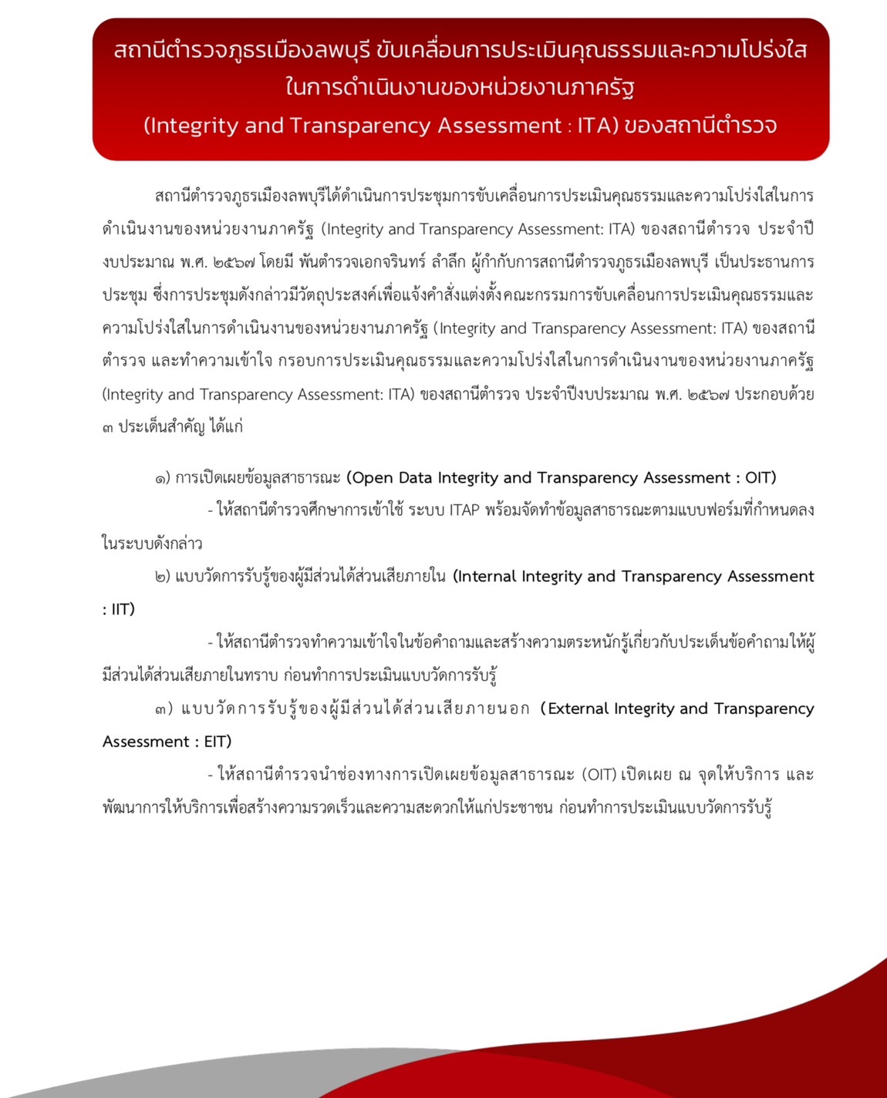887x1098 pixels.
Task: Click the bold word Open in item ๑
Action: (x=371, y=478)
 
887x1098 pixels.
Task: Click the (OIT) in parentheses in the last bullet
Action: (x=599, y=774)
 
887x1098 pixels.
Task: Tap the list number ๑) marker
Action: (x=162, y=478)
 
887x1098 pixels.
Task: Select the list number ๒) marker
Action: (x=162, y=577)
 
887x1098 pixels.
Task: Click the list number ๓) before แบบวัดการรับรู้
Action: (x=163, y=709)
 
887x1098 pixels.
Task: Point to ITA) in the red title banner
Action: (x=598, y=126)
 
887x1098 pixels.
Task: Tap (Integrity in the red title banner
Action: (x=191, y=126)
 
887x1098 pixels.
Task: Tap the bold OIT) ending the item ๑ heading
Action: (x=761, y=478)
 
